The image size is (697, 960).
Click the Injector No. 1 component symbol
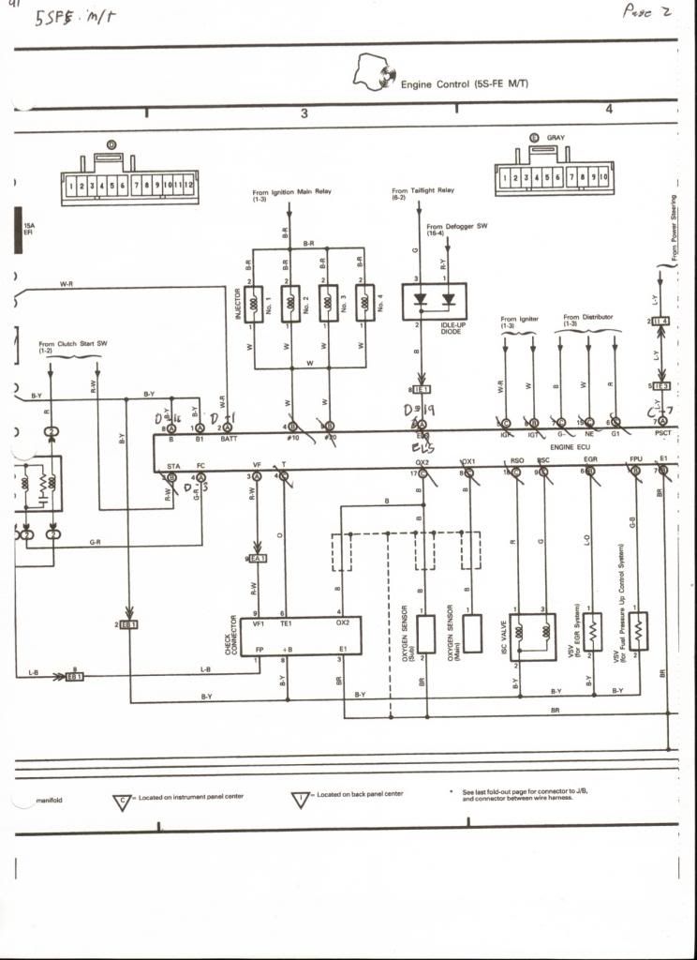pos(254,304)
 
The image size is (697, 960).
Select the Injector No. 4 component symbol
pos(365,304)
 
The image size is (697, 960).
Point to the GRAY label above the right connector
pos(556,138)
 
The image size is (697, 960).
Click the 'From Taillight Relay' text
pos(423,190)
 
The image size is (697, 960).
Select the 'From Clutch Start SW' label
pos(72,344)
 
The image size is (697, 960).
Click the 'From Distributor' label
pos(588,317)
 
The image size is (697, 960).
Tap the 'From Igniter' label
pos(520,320)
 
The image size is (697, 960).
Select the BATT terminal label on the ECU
pos(229,438)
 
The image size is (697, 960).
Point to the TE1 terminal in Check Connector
pos(288,622)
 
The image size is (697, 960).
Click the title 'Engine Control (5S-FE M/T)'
pos(465,84)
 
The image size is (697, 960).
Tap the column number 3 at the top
pos(304,113)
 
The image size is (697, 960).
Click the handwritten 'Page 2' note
pos(646,11)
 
